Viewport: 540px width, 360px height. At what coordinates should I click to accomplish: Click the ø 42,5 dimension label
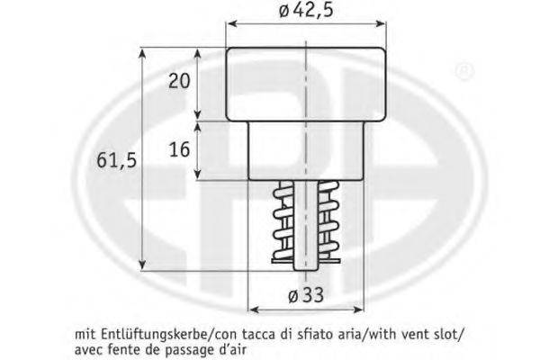(x=305, y=10)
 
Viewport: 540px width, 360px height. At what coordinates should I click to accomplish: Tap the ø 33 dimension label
(x=306, y=295)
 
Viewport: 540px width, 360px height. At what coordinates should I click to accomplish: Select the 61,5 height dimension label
(x=116, y=160)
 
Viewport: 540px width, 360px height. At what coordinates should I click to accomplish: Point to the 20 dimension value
(x=179, y=81)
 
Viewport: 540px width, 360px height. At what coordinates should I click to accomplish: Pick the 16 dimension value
(x=179, y=149)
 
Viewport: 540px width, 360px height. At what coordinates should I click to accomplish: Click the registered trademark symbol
(x=465, y=71)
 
